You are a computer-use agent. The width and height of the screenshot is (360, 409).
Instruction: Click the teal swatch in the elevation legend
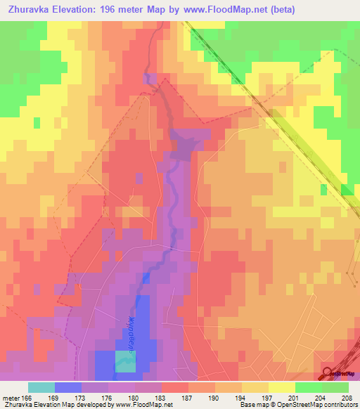[x=41, y=387]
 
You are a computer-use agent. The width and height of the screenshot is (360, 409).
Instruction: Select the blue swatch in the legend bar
[x=68, y=387]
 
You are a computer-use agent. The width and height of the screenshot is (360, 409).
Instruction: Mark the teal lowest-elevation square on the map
[x=125, y=361]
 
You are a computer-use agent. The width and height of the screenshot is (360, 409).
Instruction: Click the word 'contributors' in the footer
[x=341, y=405]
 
